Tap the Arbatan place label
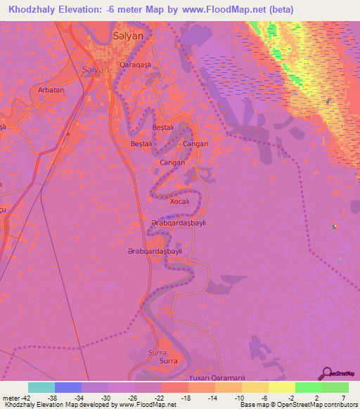coord(51,90)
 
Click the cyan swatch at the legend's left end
coord(41,387)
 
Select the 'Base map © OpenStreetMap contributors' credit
coord(299,405)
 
